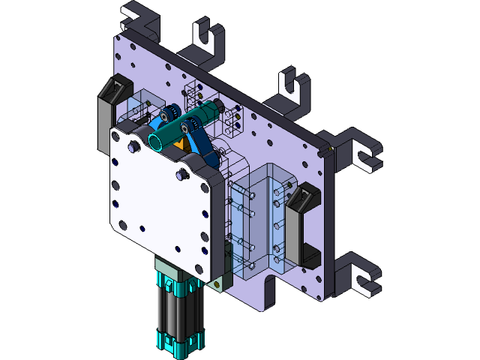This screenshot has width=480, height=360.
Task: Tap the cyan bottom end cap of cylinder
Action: [176, 346]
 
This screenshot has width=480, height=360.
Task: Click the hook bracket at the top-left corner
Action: [142, 19]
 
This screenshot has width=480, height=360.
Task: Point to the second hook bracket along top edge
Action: [207, 41]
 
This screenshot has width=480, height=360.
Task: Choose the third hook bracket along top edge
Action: [292, 86]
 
